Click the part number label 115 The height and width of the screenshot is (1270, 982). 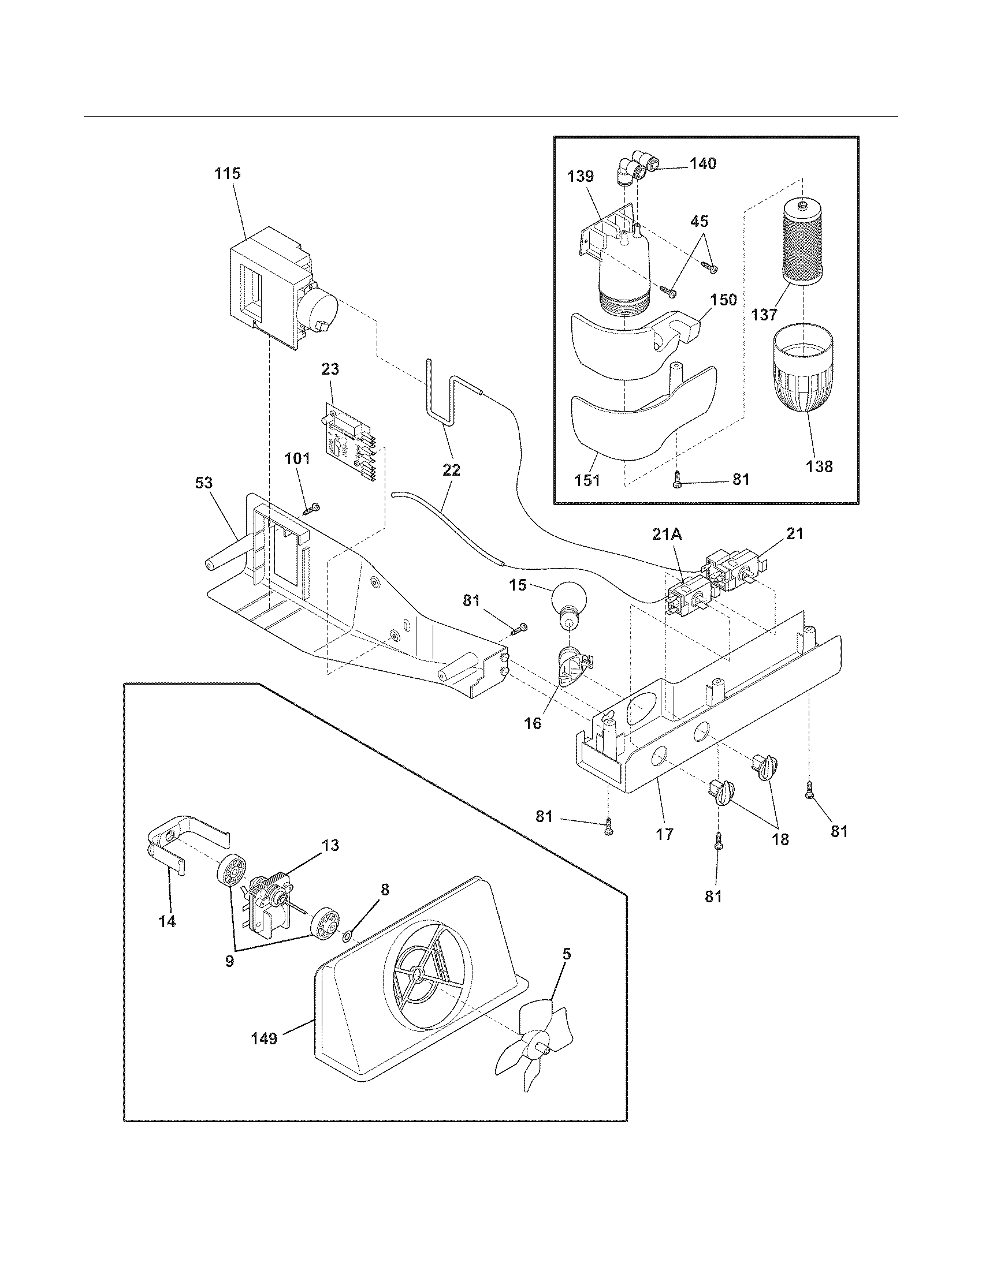(x=228, y=173)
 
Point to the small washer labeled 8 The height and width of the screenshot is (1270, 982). (x=347, y=936)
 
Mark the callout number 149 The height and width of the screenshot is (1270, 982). (x=263, y=1038)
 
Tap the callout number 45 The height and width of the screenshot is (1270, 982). (x=700, y=222)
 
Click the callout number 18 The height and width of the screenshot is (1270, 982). (x=780, y=839)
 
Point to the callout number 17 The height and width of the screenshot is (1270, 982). (x=664, y=834)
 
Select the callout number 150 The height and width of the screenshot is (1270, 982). (x=724, y=300)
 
